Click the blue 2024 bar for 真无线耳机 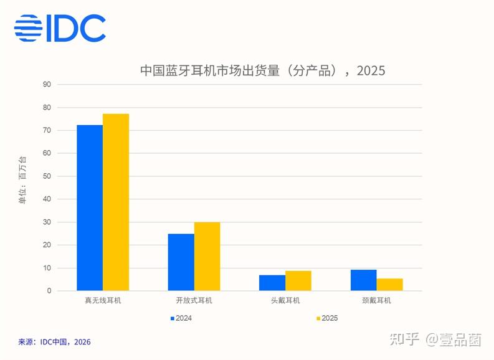[90, 208]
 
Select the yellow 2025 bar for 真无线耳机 [116, 202]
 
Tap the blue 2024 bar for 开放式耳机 [181, 262]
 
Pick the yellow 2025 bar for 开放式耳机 [207, 257]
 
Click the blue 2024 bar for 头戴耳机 [272, 283]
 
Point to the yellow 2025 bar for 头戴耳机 [298, 281]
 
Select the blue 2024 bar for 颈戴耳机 [364, 280]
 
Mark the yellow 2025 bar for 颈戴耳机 [390, 285]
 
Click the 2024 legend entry [181, 318]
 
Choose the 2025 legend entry [327, 318]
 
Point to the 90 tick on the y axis [47, 85]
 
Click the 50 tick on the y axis [47, 176]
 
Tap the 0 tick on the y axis [49, 291]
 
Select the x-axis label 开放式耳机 [194, 300]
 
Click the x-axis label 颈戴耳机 [376, 300]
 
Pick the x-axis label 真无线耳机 [103, 300]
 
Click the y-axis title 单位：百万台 [23, 180]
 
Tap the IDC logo [60, 28]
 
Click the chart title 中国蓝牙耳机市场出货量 [210, 70]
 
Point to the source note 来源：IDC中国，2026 [54, 342]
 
